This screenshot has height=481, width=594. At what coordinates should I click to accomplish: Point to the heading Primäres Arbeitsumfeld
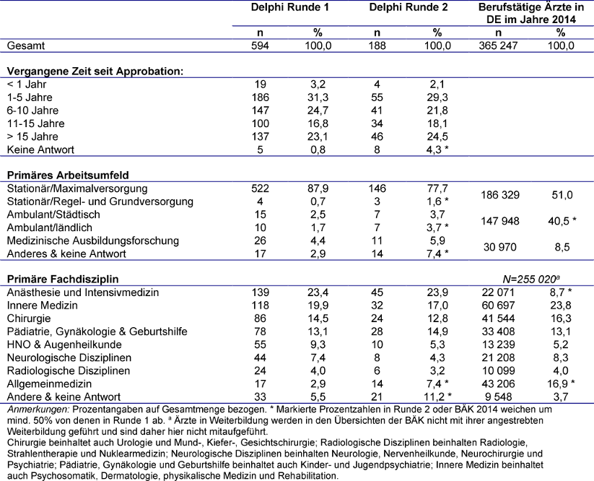click(64, 175)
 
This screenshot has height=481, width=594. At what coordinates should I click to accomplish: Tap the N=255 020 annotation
click(530, 279)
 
